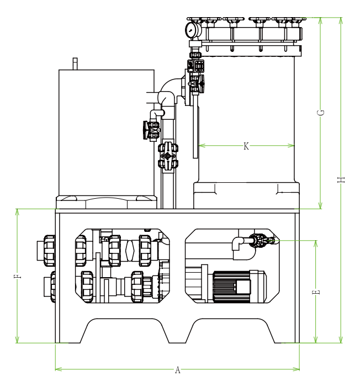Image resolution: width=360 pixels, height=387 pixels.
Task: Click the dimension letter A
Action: (177, 370)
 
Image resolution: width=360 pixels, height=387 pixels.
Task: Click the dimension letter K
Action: (246, 146)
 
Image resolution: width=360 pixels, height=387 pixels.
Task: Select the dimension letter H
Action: (341, 179)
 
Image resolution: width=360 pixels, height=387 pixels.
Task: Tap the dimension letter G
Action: (321, 113)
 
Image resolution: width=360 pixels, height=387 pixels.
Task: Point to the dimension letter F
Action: (18, 276)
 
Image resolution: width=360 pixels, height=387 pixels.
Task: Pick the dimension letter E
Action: (316, 292)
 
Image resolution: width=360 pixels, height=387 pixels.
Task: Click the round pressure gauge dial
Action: (192, 30)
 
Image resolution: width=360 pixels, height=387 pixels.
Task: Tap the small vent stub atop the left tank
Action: (76, 63)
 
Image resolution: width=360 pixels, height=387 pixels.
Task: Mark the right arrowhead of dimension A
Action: (298, 369)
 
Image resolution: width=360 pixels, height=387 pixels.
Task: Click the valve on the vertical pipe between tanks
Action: (168, 155)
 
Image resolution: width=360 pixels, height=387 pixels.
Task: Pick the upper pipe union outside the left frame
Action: (49, 248)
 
